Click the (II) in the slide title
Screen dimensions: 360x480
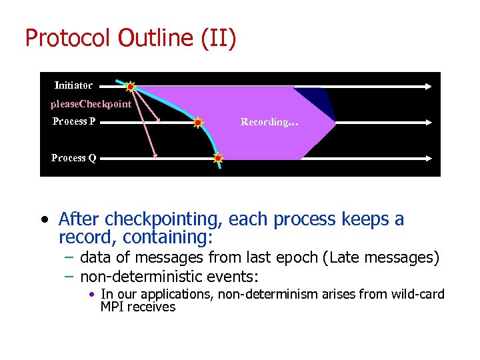point(218,39)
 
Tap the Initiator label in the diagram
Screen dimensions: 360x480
point(73,85)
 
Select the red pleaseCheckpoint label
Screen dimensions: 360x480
point(91,104)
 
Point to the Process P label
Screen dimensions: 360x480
point(73,121)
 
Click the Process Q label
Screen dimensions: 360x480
point(73,158)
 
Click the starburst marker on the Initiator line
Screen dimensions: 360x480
point(131,86)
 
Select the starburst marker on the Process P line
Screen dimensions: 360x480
point(198,123)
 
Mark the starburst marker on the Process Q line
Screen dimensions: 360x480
point(218,159)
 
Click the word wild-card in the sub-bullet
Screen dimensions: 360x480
point(418,294)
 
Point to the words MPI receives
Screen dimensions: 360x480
point(137,307)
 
